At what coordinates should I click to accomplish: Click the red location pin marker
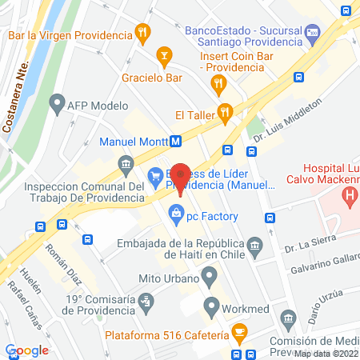(181, 178)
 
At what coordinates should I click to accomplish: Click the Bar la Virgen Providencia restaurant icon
(142, 34)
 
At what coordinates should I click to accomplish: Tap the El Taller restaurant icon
(226, 112)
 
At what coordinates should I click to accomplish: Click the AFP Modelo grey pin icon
(56, 102)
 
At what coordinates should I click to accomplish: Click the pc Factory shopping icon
(174, 215)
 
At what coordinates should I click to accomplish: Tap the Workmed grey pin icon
(211, 306)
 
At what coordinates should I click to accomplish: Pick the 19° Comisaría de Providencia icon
(145, 302)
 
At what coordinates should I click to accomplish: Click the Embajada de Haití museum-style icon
(254, 244)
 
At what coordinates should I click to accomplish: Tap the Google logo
(26, 350)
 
